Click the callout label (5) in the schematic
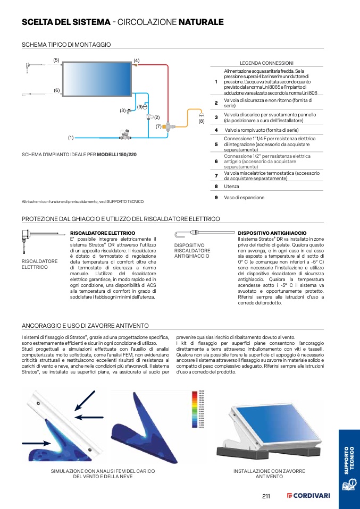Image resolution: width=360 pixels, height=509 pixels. [56, 61]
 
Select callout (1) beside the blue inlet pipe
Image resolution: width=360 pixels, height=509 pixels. [70, 138]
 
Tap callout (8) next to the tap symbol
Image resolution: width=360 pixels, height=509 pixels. [201, 122]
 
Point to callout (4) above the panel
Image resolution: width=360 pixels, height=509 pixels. [136, 61]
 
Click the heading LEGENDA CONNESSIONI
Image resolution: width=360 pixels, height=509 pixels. [266, 63]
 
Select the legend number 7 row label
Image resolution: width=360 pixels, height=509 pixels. [216, 176]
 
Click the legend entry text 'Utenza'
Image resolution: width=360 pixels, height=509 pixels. [231, 186]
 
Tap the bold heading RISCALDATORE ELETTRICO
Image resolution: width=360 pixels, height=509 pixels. [103, 233]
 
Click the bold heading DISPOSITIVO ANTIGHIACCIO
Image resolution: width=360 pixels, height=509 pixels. [272, 233]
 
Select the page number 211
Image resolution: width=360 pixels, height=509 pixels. [267, 496]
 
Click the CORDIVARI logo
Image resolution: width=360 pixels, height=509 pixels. [308, 496]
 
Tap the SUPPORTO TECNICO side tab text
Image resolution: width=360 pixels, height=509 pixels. [348, 461]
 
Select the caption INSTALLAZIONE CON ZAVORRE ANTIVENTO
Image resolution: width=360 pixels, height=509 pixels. [269, 474]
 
